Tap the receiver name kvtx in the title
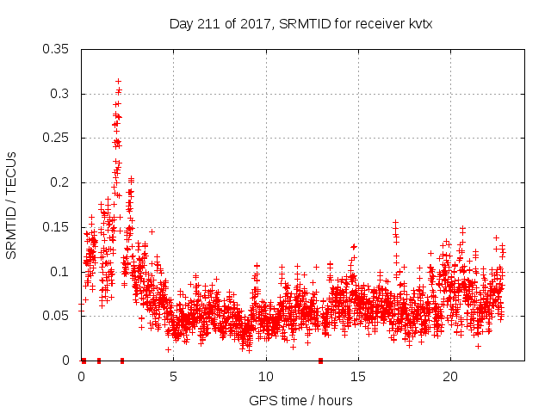[417, 24]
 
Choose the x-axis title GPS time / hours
[300, 400]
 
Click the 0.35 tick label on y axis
[58, 49]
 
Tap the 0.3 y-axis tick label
[61, 94]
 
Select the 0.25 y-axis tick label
[58, 138]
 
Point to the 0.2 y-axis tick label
[61, 182]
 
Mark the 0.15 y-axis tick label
[58, 227]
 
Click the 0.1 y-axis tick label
[61, 272]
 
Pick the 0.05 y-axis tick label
[58, 316]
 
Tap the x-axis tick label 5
[173, 377]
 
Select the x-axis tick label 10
[265, 377]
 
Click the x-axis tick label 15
[357, 377]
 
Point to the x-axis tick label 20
[449, 377]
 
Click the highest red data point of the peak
[118, 81]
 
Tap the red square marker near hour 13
[321, 361]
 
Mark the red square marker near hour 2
[121, 361]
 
